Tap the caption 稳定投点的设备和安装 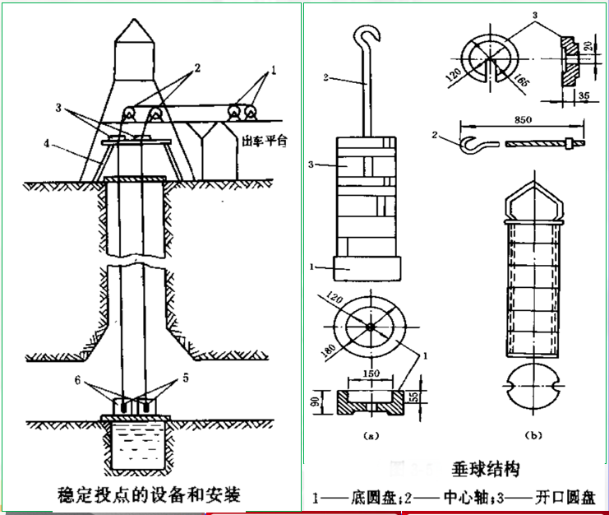[148, 494]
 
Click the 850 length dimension [523, 119]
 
